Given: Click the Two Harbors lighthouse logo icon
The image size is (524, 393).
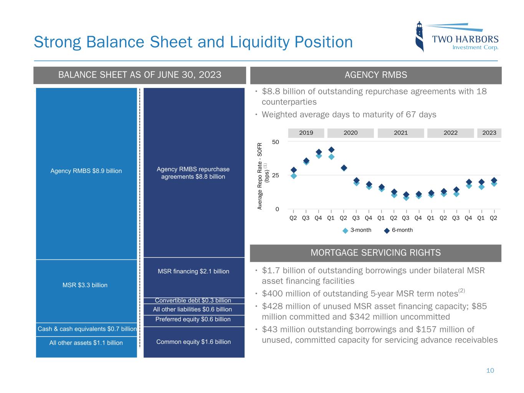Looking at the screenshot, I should [420, 36].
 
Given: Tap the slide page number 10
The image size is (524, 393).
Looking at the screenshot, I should [490, 370].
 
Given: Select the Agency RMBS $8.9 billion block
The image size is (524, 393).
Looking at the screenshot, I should [86, 171].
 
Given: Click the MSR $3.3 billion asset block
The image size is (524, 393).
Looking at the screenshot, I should [85, 285].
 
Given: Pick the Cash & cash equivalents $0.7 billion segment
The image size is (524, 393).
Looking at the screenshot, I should [87, 329].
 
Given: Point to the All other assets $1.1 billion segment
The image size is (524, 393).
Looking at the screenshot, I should [86, 343].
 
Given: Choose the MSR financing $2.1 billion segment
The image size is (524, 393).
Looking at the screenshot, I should [193, 271].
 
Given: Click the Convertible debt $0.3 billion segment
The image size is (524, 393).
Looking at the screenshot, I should [193, 301].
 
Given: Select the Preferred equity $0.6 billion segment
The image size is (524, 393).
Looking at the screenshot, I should [193, 319].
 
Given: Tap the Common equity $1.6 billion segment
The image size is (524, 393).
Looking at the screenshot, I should [193, 342].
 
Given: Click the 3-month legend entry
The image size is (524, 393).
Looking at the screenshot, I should [357, 230].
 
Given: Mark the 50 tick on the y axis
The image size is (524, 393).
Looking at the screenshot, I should [275, 142].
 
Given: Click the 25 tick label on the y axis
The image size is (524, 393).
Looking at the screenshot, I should [275, 175].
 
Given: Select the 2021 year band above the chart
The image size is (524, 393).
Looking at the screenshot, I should [400, 133].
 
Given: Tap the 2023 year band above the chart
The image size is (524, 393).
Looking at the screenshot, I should [489, 133].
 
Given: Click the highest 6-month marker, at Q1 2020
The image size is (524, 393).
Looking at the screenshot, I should [331, 150].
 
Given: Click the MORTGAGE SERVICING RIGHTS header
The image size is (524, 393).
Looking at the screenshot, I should [375, 253].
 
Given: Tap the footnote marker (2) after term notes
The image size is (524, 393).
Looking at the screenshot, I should [462, 291].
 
